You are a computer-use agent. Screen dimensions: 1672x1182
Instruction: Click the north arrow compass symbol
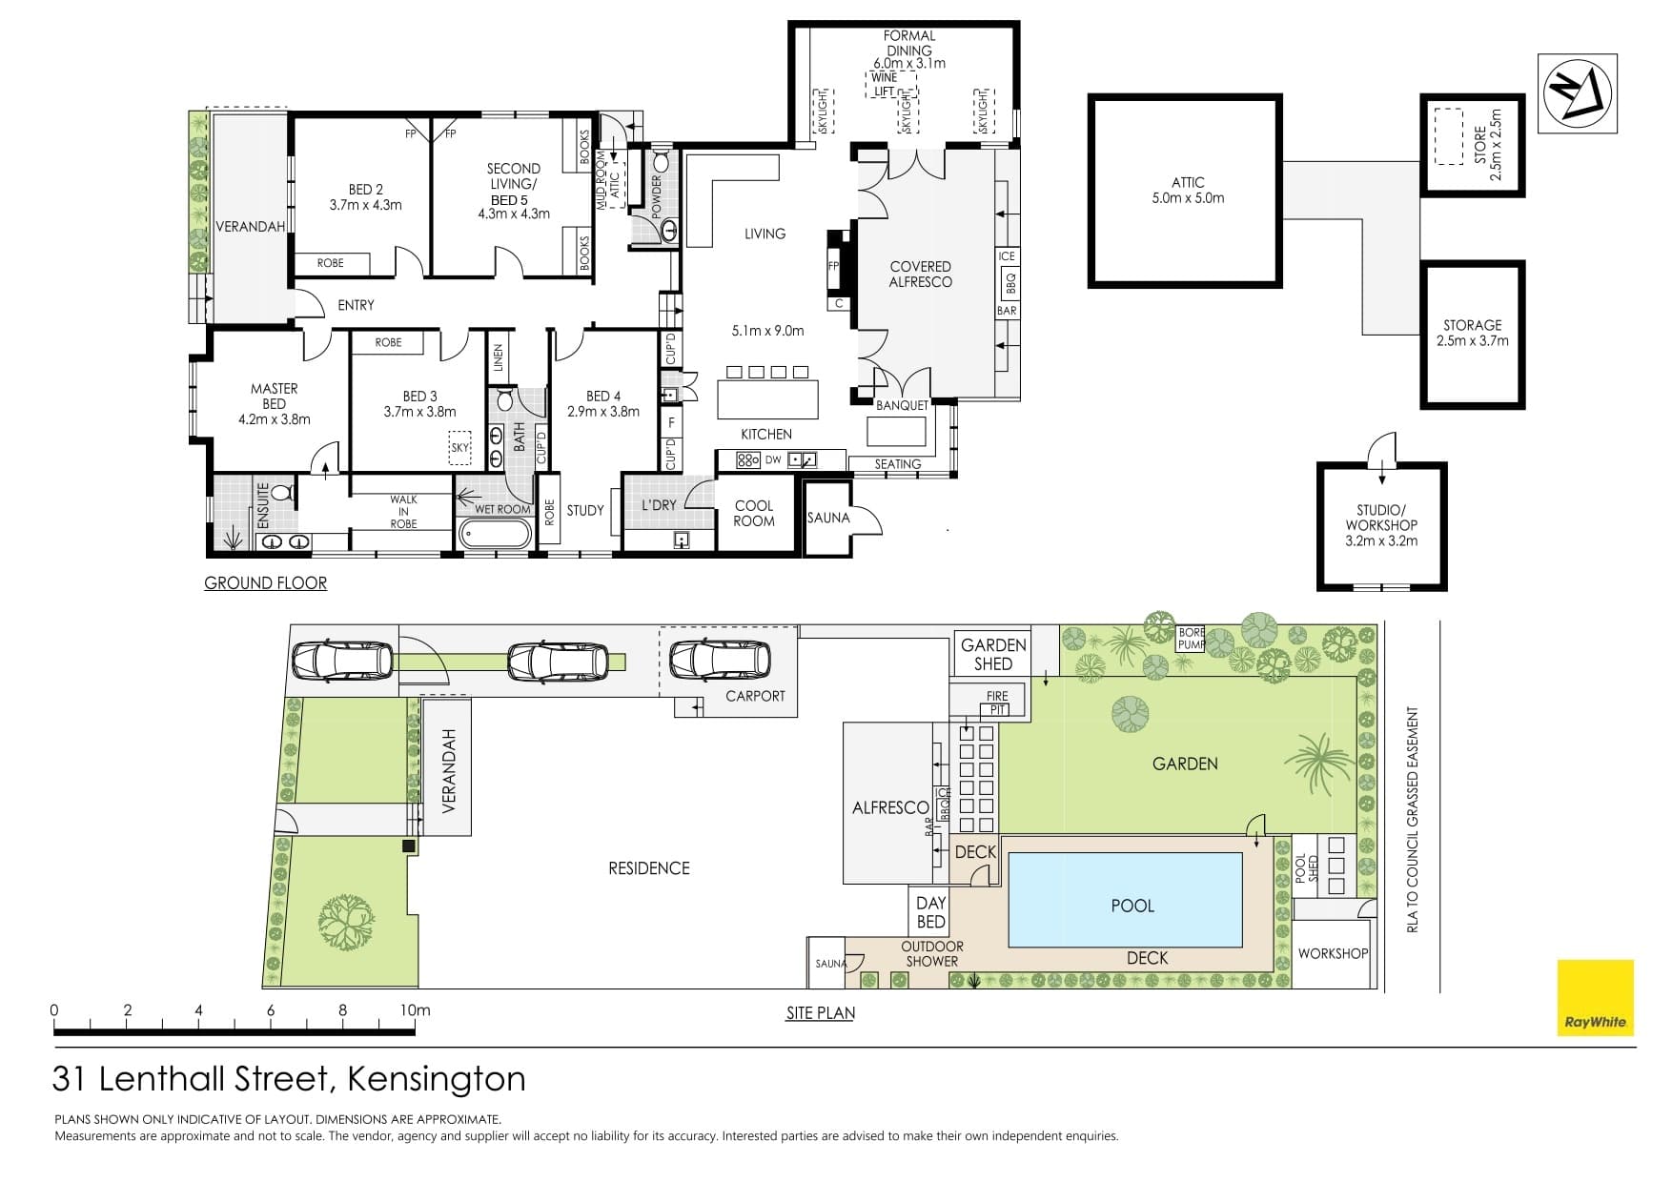[x=1578, y=92]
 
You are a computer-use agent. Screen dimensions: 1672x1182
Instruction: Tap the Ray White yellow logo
[x=1596, y=997]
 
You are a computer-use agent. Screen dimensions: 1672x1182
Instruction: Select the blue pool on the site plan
[x=1126, y=900]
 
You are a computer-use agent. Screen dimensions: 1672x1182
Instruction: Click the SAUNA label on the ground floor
[x=827, y=518]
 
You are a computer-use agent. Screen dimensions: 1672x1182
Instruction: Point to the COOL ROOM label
[x=754, y=513]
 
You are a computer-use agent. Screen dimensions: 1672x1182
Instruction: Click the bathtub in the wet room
[x=494, y=533]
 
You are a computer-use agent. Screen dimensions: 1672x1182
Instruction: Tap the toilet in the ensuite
[x=281, y=492]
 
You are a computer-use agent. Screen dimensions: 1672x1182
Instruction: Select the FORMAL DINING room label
[x=908, y=43]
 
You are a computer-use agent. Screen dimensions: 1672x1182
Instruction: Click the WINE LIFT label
[x=885, y=85]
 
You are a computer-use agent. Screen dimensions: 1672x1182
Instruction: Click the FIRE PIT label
[x=997, y=703]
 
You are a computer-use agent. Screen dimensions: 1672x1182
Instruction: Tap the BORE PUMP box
[x=1192, y=639]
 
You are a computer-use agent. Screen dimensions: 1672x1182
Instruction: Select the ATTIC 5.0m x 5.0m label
[x=1188, y=191]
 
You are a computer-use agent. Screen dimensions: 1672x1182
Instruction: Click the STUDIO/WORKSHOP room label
[x=1381, y=525]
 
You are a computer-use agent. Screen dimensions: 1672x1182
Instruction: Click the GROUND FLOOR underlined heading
[x=265, y=582]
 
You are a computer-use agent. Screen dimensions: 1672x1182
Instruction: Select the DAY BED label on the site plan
[x=930, y=912]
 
